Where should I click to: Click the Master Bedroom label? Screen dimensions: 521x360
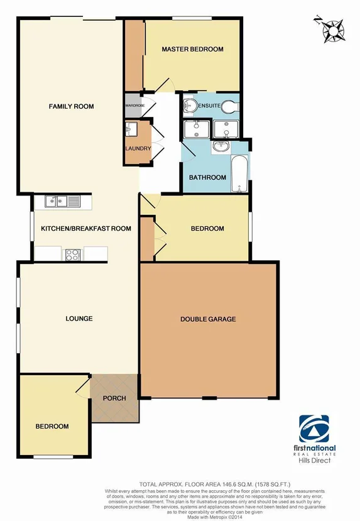[192, 49]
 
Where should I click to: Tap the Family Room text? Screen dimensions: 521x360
[71, 106]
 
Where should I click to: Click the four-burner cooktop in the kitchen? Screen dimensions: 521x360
[73, 255]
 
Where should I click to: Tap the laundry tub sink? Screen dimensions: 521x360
[131, 130]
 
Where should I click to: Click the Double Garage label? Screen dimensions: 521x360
[208, 319]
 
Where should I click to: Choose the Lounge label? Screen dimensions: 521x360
[79, 319]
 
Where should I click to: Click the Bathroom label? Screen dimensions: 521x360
[207, 178]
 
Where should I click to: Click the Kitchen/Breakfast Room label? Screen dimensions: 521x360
[86, 229]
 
